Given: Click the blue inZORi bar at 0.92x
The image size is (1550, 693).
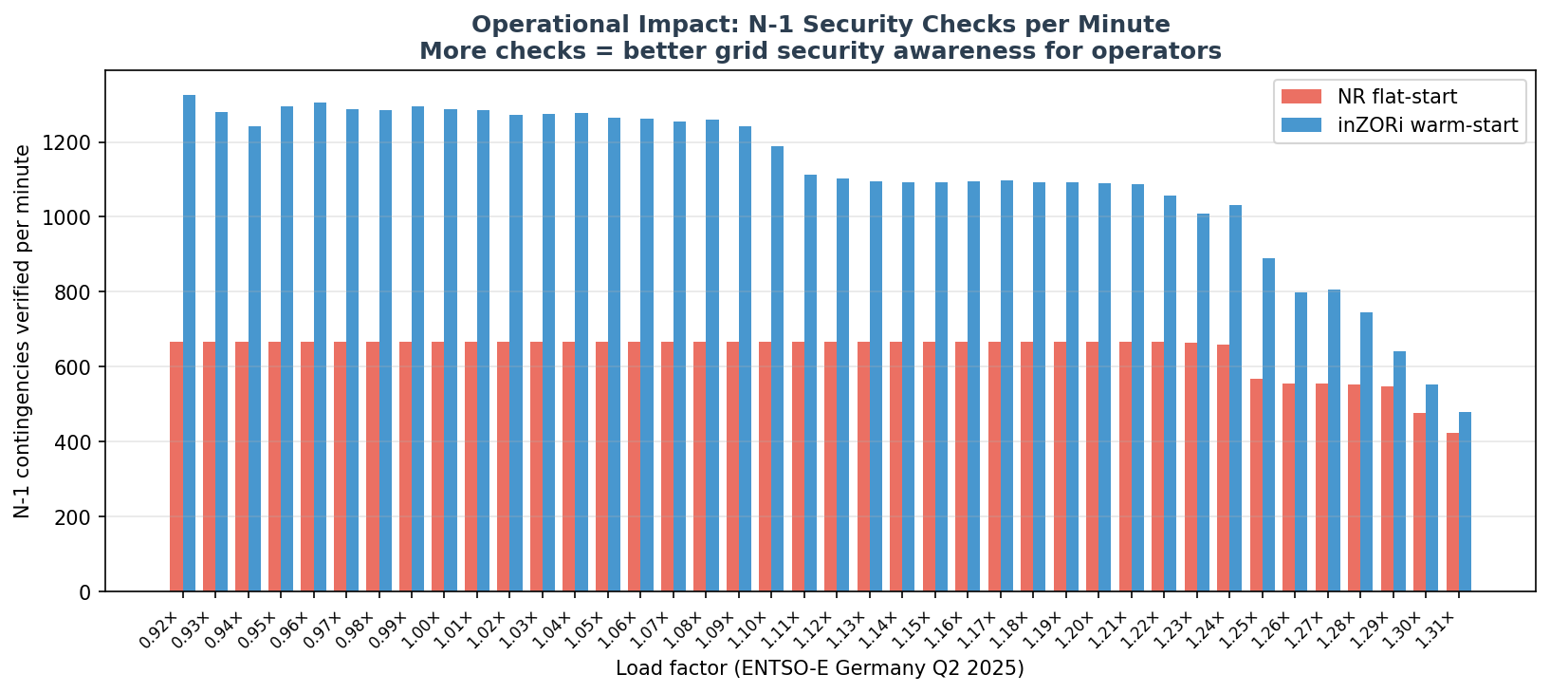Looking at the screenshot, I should [x=189, y=343].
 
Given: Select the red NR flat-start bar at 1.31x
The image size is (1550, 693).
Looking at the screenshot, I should [x=1452, y=512].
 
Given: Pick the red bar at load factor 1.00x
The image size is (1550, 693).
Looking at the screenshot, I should [x=438, y=466].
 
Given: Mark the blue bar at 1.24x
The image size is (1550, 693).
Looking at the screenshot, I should [x=1235, y=398].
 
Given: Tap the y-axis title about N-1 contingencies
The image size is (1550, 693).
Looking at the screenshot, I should [x=23, y=330].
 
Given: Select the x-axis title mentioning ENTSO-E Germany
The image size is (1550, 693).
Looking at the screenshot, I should [x=820, y=668].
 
